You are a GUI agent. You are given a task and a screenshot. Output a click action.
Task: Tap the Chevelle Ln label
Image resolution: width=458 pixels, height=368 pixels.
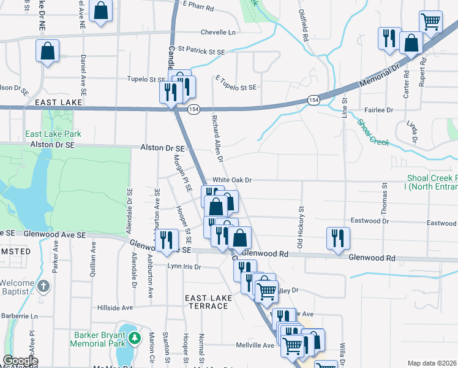coord(219,32)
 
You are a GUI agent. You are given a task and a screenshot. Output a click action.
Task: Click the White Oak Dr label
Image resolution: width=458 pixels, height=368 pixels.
coord(232,180)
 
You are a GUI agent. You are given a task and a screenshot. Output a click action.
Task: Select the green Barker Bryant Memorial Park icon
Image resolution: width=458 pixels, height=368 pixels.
coord(133,337)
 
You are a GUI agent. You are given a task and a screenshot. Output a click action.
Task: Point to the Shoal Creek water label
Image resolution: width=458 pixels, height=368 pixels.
coord(373,132)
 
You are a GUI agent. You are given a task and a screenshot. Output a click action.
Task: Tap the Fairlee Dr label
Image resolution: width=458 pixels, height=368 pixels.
coord(379,110)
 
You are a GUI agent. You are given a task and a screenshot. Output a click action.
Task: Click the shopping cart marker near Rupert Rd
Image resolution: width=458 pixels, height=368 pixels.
coord(431,22)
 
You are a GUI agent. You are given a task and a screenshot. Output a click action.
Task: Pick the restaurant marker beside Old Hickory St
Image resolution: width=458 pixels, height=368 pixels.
coord(337,237)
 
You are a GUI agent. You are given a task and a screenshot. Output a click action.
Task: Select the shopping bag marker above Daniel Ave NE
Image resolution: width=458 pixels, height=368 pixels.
coord(101,10)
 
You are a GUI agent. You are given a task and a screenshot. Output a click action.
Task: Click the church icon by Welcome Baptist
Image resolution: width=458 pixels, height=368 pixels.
coord(43,286)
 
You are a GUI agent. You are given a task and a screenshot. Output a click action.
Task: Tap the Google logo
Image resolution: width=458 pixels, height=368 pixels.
coord(20,361)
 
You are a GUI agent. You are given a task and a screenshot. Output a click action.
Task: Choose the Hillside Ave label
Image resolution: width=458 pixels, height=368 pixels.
coord(115,307)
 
